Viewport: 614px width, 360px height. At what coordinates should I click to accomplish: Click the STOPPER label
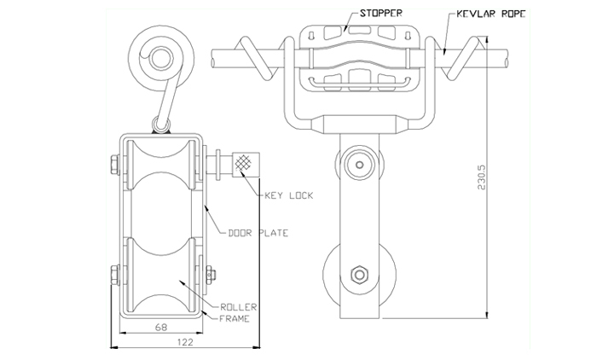click(x=380, y=14)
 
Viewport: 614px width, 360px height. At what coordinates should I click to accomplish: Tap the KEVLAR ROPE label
click(x=491, y=15)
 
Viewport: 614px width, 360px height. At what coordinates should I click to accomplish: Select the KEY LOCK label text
click(x=289, y=195)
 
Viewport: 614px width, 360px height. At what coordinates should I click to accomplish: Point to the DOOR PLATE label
click(x=258, y=233)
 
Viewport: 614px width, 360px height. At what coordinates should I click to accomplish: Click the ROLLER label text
click(x=238, y=307)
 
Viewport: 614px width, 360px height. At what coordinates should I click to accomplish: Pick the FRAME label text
click(x=235, y=319)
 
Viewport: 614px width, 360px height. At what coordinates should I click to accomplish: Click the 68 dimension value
click(x=161, y=327)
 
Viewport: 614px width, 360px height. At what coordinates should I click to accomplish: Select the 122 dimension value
click(x=185, y=342)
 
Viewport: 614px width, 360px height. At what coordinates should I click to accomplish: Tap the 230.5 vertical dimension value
click(x=481, y=177)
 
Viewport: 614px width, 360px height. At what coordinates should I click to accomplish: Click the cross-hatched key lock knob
click(x=246, y=165)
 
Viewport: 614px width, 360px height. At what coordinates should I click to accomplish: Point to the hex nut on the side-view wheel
click(x=359, y=275)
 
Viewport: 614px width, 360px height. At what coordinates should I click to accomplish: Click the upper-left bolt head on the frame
click(x=115, y=165)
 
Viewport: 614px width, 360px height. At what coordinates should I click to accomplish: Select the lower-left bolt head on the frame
click(x=115, y=275)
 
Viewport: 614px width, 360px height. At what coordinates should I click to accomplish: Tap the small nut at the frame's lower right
click(x=211, y=275)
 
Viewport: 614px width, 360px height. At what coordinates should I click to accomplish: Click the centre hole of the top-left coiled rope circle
click(x=160, y=59)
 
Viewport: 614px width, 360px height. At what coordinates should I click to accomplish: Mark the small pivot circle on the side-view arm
click(x=360, y=165)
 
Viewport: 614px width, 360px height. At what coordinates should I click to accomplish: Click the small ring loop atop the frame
click(x=161, y=125)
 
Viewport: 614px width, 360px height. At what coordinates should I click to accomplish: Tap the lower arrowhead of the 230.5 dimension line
click(x=487, y=315)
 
